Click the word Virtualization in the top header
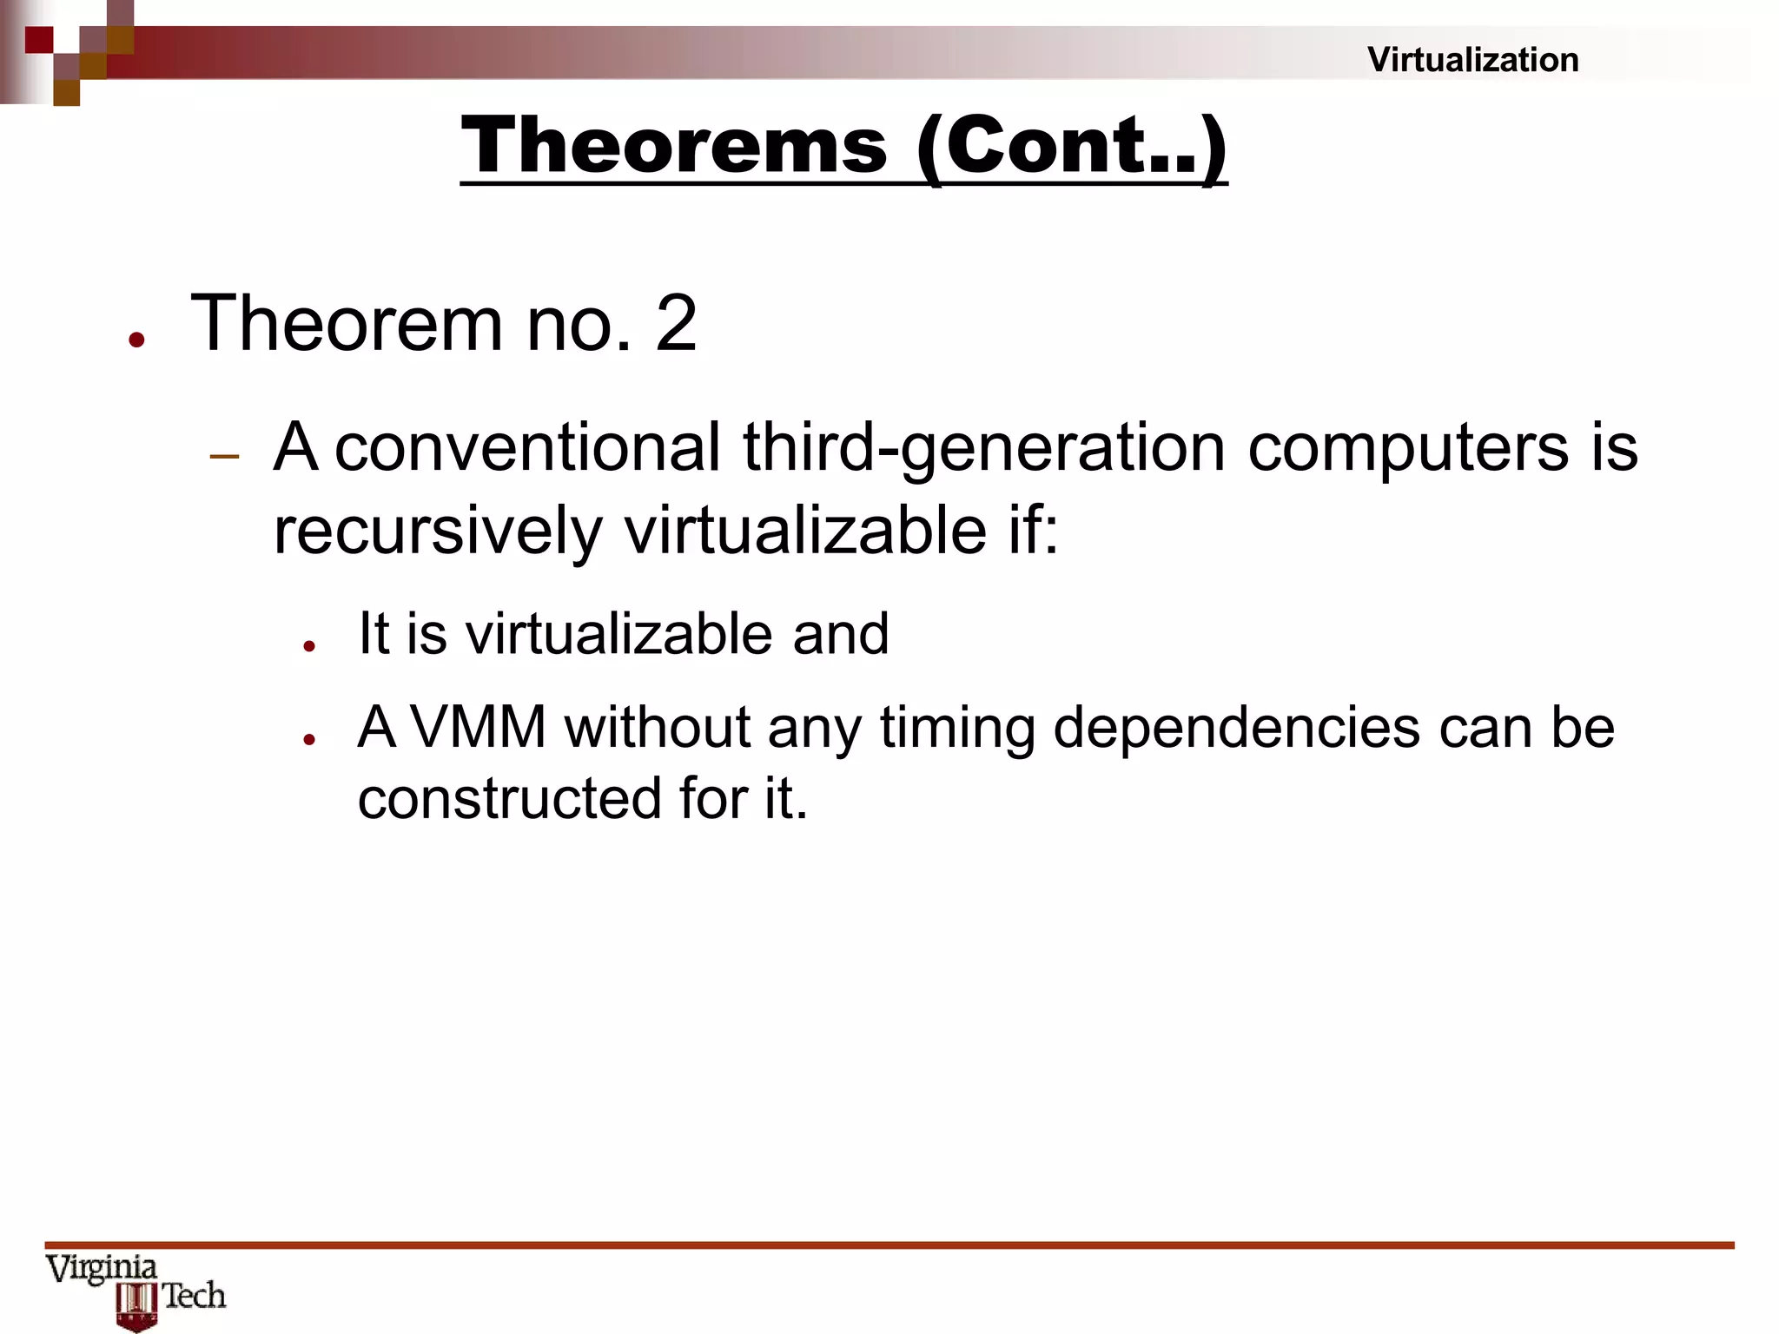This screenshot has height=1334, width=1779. pyautogui.click(x=1472, y=60)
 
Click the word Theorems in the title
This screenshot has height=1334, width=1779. pyautogui.click(x=674, y=145)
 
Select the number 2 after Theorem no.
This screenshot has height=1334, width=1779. pyautogui.click(x=676, y=323)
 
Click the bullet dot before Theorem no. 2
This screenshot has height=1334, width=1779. pyautogui.click(x=136, y=340)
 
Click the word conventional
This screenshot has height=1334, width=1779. pyautogui.click(x=527, y=448)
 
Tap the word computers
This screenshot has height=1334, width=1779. pyautogui.click(x=1408, y=448)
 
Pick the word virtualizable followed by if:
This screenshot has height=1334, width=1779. pyautogui.click(x=805, y=531)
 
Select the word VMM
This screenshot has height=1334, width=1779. pyautogui.click(x=478, y=727)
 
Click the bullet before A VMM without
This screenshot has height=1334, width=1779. pyautogui.click(x=308, y=739)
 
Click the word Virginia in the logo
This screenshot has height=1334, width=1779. pyautogui.click(x=102, y=1269)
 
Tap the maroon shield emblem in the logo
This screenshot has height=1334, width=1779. pyautogui.click(x=136, y=1307)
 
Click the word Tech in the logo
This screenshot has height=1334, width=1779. pyautogui.click(x=195, y=1296)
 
